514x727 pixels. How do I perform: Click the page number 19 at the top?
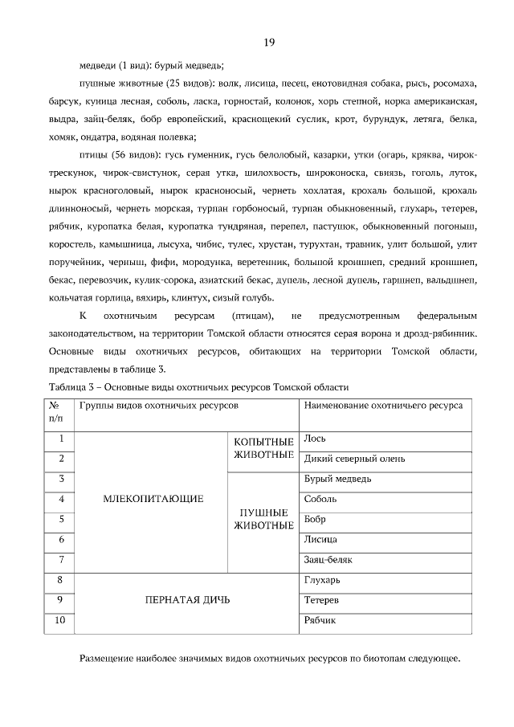[x=269, y=43]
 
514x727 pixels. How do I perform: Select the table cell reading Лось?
[x=314, y=439]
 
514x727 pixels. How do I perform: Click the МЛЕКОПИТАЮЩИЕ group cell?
[x=153, y=499]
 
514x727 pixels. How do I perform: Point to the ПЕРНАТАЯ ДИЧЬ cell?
[x=187, y=600]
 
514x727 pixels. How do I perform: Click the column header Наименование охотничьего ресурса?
[x=383, y=406]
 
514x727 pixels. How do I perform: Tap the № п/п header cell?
[x=55, y=411]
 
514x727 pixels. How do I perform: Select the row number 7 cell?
[x=61, y=559]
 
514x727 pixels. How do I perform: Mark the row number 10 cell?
[x=61, y=620]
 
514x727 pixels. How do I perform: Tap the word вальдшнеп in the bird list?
[x=453, y=280]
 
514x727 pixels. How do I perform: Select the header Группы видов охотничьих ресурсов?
[x=158, y=406]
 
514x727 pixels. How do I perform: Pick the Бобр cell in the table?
[x=316, y=520]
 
